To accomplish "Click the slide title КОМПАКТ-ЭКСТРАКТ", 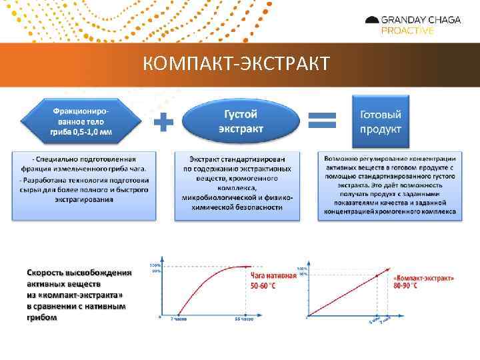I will [236, 63].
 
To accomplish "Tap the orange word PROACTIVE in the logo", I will [407, 31].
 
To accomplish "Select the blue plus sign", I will [163, 122].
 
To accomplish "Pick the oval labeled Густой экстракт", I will [241, 121].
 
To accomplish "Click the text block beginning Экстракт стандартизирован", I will [237, 183].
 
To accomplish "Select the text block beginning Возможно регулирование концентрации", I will [390, 185].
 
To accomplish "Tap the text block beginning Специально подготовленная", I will [84, 183].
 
